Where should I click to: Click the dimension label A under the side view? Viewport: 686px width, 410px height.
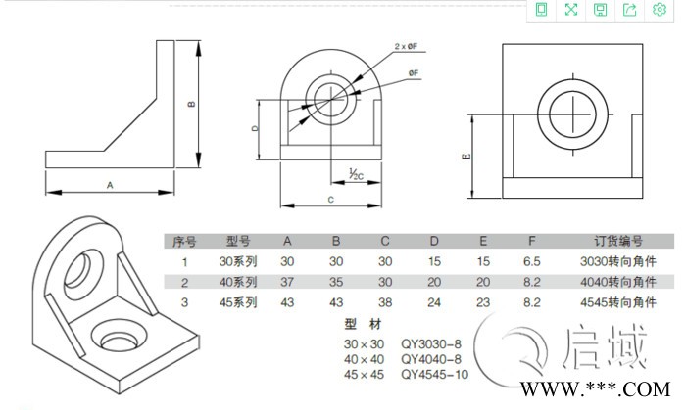(x=110, y=183)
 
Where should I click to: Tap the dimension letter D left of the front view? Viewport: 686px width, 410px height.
(x=255, y=128)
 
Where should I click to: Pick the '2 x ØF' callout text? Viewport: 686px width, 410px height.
(x=406, y=46)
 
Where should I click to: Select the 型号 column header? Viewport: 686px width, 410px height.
(x=240, y=241)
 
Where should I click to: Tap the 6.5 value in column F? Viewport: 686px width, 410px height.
(x=532, y=261)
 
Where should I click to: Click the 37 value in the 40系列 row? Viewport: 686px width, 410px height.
(x=287, y=282)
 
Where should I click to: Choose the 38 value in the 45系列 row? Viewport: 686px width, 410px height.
(x=385, y=302)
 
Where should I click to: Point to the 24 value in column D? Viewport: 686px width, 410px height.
(x=433, y=302)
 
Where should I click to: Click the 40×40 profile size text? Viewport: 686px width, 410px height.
(x=361, y=359)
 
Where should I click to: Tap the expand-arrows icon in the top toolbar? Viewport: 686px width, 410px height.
(x=570, y=10)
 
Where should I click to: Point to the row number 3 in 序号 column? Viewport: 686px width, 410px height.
(x=183, y=302)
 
